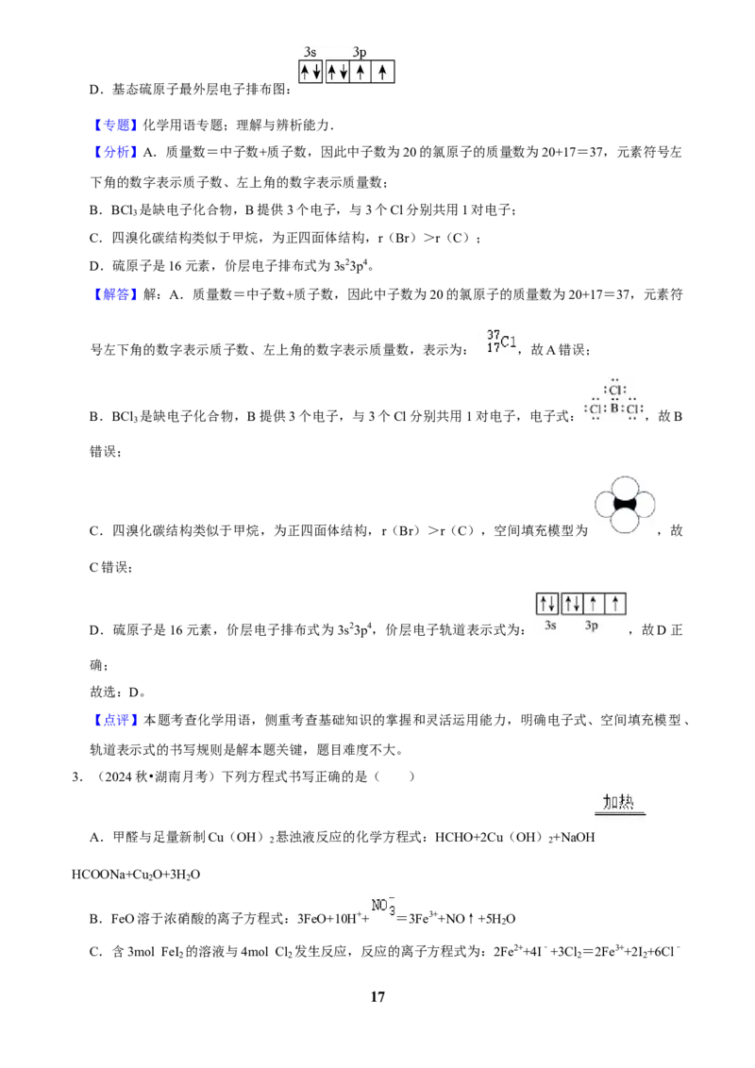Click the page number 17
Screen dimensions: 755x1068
coord(377,996)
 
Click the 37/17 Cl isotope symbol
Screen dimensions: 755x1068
coord(502,342)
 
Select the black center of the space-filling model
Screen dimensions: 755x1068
coord(625,505)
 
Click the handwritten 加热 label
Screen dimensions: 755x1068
coord(619,802)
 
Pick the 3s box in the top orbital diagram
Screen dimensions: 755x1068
coord(310,72)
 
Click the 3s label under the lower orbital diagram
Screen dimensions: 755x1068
coord(550,626)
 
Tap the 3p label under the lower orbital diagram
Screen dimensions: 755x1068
coord(592,626)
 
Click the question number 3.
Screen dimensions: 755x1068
coord(76,776)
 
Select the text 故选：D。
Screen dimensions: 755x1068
coord(118,692)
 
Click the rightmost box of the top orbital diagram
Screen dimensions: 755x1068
coord(383,72)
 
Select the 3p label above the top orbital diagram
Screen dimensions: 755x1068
coord(360,53)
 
